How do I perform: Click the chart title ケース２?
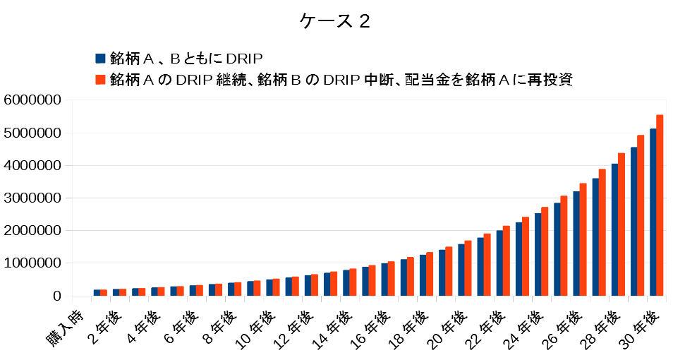(334, 21)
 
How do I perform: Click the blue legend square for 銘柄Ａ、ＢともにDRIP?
(99, 58)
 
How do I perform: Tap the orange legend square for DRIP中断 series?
(99, 80)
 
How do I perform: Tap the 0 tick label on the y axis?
(57, 296)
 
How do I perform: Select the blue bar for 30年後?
(653, 212)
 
